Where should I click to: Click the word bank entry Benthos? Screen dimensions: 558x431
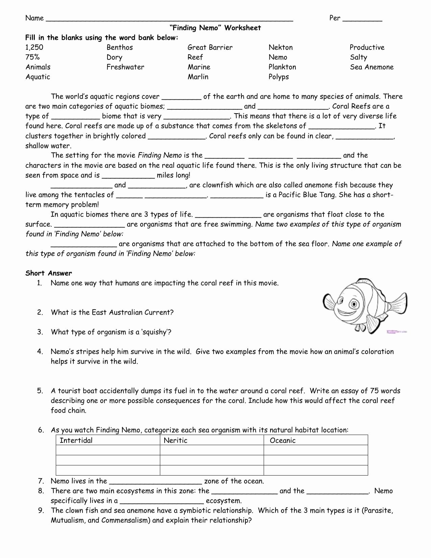120,48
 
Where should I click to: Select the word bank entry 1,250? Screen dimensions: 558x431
34,48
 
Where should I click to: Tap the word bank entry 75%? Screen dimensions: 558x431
32,57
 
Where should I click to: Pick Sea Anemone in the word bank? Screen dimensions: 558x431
372,67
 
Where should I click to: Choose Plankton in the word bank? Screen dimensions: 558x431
282,67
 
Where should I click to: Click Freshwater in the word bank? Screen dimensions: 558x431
125,67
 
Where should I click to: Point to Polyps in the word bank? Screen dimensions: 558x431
279,77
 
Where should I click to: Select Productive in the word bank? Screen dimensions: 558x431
367,48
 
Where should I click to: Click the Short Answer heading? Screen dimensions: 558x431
49,273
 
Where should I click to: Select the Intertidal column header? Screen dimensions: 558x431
76,440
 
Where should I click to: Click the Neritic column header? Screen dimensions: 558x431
175,440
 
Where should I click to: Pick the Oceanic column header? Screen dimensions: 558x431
283,440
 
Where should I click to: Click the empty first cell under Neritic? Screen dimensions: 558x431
212,450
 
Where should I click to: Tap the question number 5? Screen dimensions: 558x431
40,391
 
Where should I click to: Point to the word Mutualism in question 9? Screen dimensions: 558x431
67,520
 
